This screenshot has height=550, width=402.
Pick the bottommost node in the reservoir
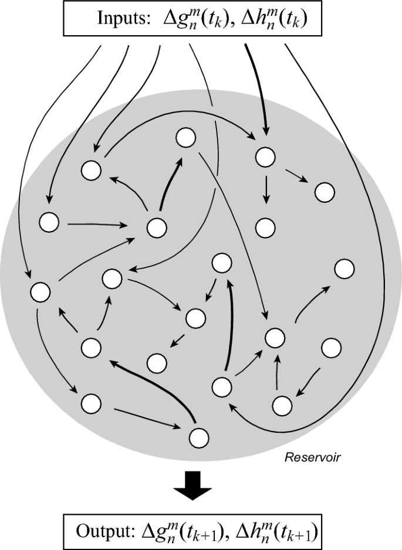[x=198, y=437]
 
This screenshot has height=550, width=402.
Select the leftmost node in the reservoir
[x=40, y=291]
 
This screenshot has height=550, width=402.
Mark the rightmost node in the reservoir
[x=344, y=269]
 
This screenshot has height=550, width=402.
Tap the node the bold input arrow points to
[x=265, y=156]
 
